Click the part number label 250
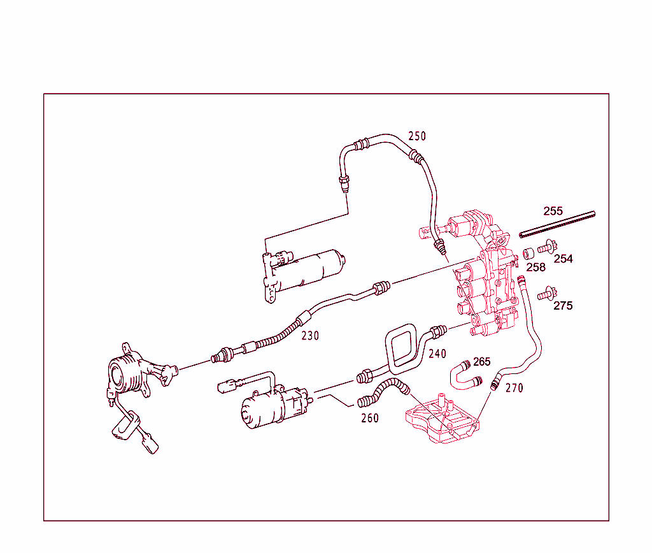pyautogui.click(x=417, y=136)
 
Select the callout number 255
pyautogui.click(x=553, y=211)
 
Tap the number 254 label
pyautogui.click(x=563, y=259)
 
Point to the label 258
pyautogui.click(x=535, y=268)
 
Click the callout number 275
pyautogui.click(x=563, y=306)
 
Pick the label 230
pyautogui.click(x=310, y=336)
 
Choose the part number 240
pyautogui.click(x=437, y=354)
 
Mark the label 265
pyautogui.click(x=482, y=362)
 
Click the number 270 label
pyautogui.click(x=514, y=387)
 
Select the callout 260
pyautogui.click(x=369, y=419)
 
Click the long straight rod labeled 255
pyautogui.click(x=556, y=224)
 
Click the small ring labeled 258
pyautogui.click(x=528, y=254)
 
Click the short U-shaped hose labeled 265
pyautogui.click(x=462, y=375)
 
